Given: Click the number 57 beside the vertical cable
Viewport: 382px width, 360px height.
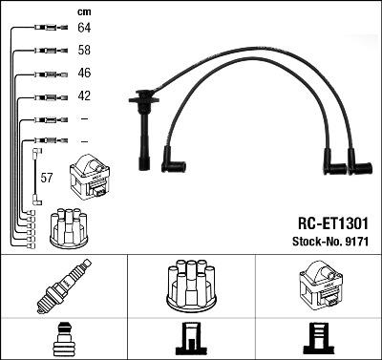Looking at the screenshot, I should point(46,178).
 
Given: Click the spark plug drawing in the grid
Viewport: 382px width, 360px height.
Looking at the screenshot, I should point(63,286).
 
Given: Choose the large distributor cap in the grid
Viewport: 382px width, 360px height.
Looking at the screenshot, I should point(191,284).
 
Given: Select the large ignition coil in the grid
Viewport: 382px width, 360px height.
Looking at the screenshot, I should point(317,285).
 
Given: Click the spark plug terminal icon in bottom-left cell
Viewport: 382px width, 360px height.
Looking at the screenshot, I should point(63,339).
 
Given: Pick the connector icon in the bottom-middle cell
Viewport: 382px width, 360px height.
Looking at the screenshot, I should point(191,339).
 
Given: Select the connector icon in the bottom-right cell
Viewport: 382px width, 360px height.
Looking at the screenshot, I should point(317,339).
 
